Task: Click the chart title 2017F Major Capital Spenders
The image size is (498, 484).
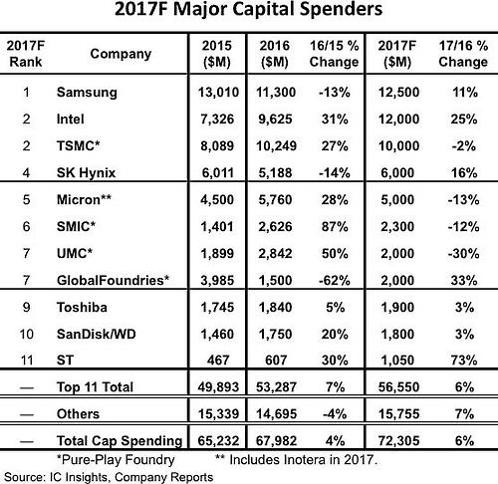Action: tap(248, 15)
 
